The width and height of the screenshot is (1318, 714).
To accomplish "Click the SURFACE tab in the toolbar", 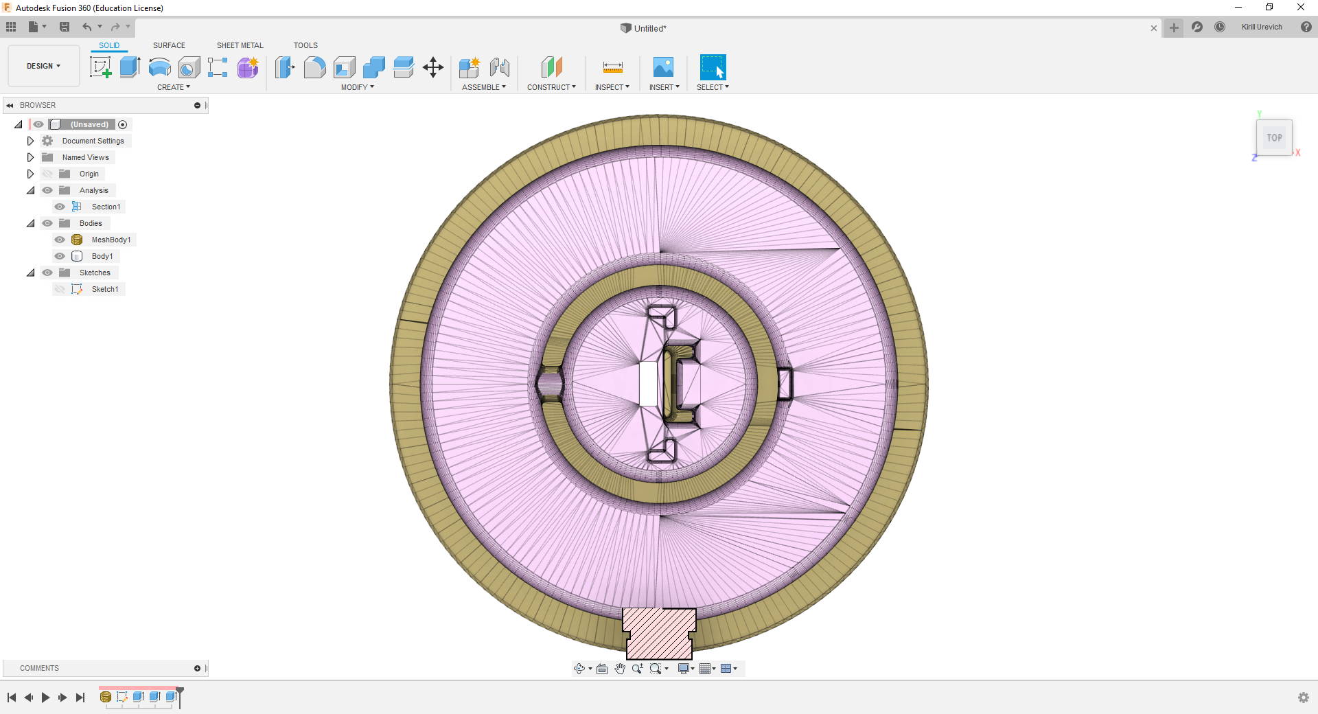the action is [x=169, y=45].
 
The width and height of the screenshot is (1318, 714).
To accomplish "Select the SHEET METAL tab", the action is [x=240, y=45].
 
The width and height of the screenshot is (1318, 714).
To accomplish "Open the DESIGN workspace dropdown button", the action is [x=44, y=66].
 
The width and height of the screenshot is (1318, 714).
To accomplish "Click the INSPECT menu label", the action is [x=612, y=87].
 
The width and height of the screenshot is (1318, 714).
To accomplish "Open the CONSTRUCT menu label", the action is [x=551, y=87].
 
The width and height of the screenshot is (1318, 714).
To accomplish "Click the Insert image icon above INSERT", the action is [x=663, y=67].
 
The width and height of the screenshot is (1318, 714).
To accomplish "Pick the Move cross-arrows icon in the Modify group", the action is [x=433, y=67].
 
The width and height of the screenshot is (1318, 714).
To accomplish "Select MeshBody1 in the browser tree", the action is [x=111, y=240].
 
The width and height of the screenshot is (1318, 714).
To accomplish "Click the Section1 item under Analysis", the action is [x=106, y=207].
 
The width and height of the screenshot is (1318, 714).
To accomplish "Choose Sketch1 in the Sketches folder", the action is [x=105, y=289].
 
